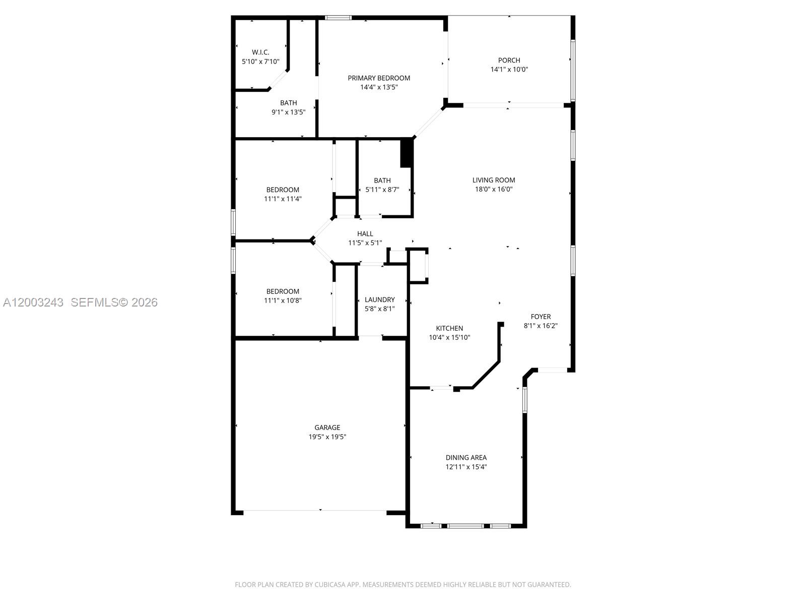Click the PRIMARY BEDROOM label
point(379,78)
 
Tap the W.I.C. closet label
point(260,52)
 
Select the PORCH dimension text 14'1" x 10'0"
point(509,70)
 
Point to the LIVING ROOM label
point(494,180)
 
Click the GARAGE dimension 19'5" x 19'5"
point(327,437)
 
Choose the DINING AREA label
point(466,458)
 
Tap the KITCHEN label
point(449,328)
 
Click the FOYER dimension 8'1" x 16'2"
point(541,326)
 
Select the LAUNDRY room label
point(380,299)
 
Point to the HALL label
point(365,234)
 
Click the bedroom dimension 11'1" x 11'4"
point(283,199)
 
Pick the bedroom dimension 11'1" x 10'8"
point(283,300)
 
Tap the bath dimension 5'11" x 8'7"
point(382,190)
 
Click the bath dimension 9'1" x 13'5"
point(289,112)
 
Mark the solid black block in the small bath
point(406,153)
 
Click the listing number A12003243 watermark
point(33,302)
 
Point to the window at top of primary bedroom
point(338,18)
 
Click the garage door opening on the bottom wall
point(315,511)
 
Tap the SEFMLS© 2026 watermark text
point(114,302)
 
